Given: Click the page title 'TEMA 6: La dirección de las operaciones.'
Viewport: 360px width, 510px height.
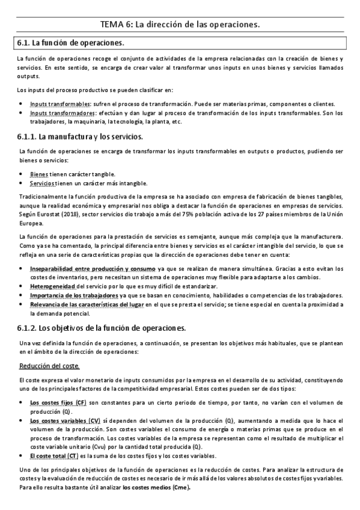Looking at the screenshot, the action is (x=180, y=25).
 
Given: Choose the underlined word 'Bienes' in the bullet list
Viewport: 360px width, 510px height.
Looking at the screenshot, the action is (x=39, y=174).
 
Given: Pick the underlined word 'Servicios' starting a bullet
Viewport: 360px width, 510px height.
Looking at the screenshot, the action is (x=43, y=183).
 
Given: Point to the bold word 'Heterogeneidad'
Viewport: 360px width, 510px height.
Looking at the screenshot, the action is (x=55, y=287).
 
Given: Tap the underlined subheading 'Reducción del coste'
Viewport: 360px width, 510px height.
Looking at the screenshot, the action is (x=46, y=366).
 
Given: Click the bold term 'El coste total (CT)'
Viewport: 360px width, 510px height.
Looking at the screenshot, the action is (x=55, y=457).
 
